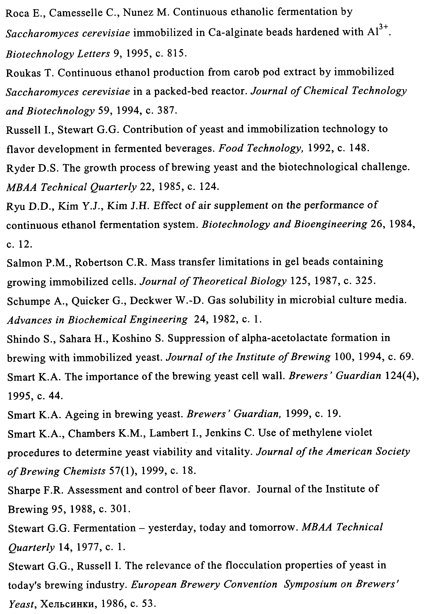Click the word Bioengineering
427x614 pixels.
[x=330, y=224]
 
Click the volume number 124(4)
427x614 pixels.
[x=402, y=376]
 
